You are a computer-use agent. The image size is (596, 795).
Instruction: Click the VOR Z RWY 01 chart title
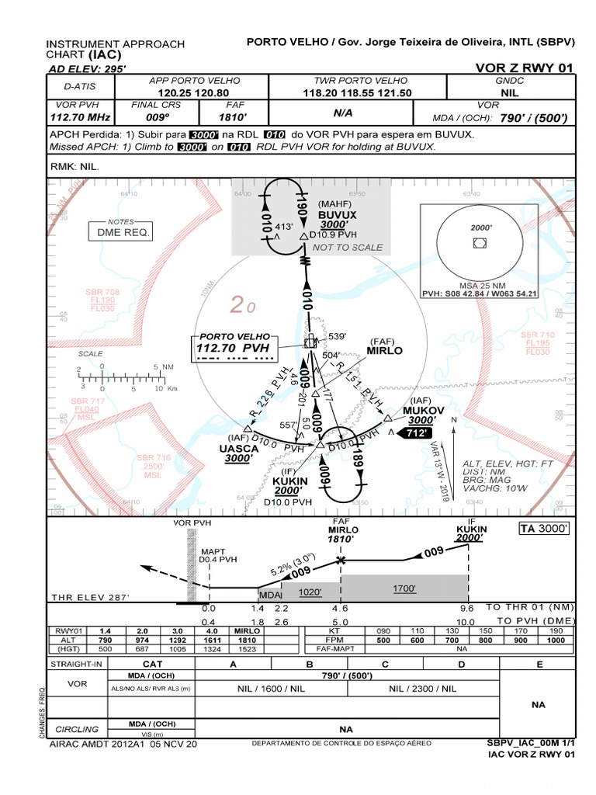(525, 68)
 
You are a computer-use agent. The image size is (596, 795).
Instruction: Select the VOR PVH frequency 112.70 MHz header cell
(78, 117)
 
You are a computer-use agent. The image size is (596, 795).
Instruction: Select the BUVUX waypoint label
(337, 214)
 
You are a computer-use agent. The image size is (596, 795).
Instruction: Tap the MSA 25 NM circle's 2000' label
(481, 228)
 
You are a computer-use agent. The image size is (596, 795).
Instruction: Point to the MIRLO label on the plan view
(384, 350)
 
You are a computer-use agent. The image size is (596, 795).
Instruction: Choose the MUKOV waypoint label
(423, 410)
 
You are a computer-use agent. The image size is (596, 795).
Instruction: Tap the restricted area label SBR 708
(102, 293)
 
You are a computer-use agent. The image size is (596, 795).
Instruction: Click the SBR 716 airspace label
(154, 458)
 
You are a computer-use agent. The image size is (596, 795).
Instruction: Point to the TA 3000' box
(544, 529)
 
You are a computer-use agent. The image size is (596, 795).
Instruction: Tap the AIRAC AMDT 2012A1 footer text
(123, 743)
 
